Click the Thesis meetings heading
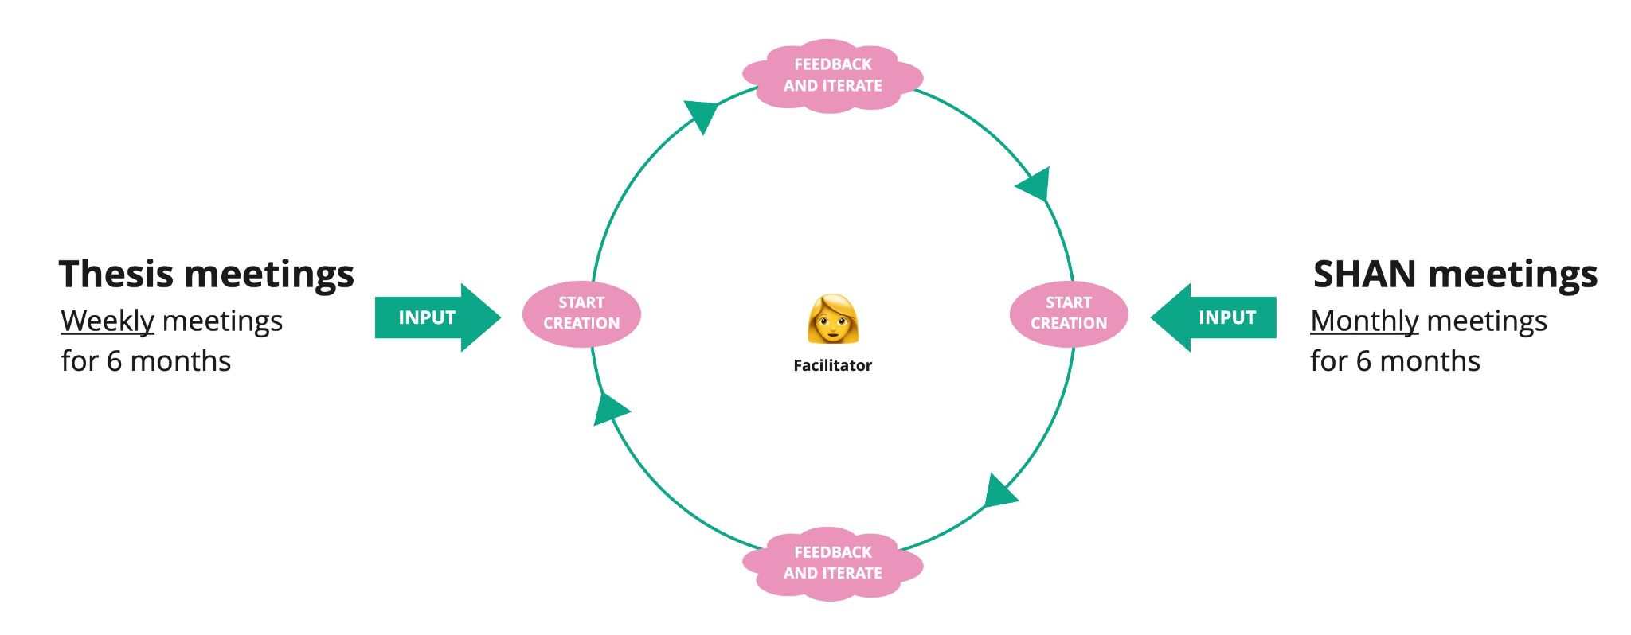coord(206,275)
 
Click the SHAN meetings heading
coord(1455,275)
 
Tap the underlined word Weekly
coord(108,321)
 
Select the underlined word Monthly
coord(1364,321)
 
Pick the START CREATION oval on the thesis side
coord(581,314)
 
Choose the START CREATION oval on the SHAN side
coord(1069,314)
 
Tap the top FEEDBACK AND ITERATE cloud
coord(832,76)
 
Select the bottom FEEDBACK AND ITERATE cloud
coord(832,563)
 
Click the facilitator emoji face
coord(832,319)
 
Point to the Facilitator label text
coord(832,365)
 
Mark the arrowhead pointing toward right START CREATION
coord(1035,186)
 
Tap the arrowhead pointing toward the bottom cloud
coord(999,493)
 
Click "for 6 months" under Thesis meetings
coord(146,361)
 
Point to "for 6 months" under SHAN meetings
coord(1395,361)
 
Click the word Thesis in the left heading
coord(115,275)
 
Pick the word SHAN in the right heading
coord(1364,275)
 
